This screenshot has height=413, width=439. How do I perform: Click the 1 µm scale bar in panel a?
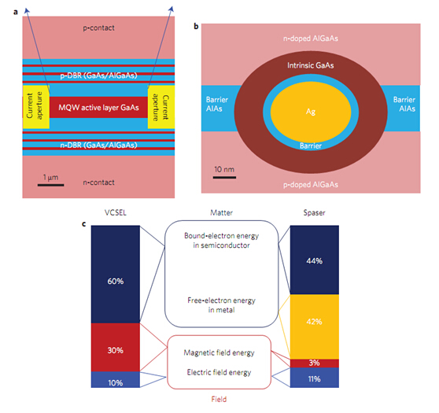point(50,185)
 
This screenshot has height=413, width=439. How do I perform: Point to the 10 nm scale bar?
point(224,177)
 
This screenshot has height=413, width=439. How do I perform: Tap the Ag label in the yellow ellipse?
point(311,112)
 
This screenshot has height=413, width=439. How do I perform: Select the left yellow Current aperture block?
point(36,107)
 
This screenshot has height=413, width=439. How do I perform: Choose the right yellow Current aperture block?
point(161,107)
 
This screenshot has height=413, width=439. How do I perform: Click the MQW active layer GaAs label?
point(98,108)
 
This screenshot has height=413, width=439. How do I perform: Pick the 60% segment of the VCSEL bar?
point(116,274)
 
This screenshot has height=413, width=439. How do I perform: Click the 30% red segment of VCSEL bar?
point(116,347)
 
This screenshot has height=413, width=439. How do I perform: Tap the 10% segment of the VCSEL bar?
point(116,379)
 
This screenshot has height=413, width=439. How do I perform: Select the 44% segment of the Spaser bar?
point(315,260)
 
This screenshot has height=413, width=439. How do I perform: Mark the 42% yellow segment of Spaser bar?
point(315,326)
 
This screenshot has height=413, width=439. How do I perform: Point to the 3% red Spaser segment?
point(315,363)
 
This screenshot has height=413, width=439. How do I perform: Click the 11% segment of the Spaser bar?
point(315,378)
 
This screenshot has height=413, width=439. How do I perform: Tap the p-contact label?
point(98,28)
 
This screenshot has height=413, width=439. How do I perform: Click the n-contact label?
point(98,183)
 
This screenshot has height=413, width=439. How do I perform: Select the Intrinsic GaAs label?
point(311,65)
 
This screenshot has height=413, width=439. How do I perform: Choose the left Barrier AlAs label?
point(217,104)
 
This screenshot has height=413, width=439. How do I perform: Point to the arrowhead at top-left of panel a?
point(27,10)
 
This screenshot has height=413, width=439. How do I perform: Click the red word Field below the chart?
point(219,399)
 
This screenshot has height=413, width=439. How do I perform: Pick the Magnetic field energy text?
point(219,352)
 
